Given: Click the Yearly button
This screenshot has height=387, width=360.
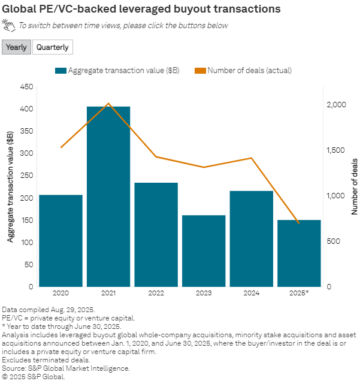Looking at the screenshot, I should (x=16, y=47).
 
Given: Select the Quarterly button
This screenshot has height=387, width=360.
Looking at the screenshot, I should (x=53, y=47).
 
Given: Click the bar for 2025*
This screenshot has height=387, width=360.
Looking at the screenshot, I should (x=299, y=253).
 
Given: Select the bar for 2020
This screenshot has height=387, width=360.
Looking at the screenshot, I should (x=60, y=240).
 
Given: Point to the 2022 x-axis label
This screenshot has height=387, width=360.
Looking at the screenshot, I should (x=156, y=293).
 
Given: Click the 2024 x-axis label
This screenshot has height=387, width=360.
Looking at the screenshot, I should (x=251, y=293).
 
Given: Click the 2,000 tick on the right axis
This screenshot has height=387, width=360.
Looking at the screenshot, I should (x=336, y=105).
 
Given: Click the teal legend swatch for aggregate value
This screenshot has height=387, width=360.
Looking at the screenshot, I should (x=60, y=71).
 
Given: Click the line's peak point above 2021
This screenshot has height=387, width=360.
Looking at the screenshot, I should (x=108, y=103).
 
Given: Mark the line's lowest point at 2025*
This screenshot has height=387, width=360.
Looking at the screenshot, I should (x=299, y=223).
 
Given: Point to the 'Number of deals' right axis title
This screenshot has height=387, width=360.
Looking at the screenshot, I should (x=355, y=186).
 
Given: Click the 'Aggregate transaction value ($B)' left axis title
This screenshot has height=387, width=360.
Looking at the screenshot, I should (x=10, y=186).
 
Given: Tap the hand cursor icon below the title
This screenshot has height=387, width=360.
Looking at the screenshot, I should (x=8, y=25).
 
